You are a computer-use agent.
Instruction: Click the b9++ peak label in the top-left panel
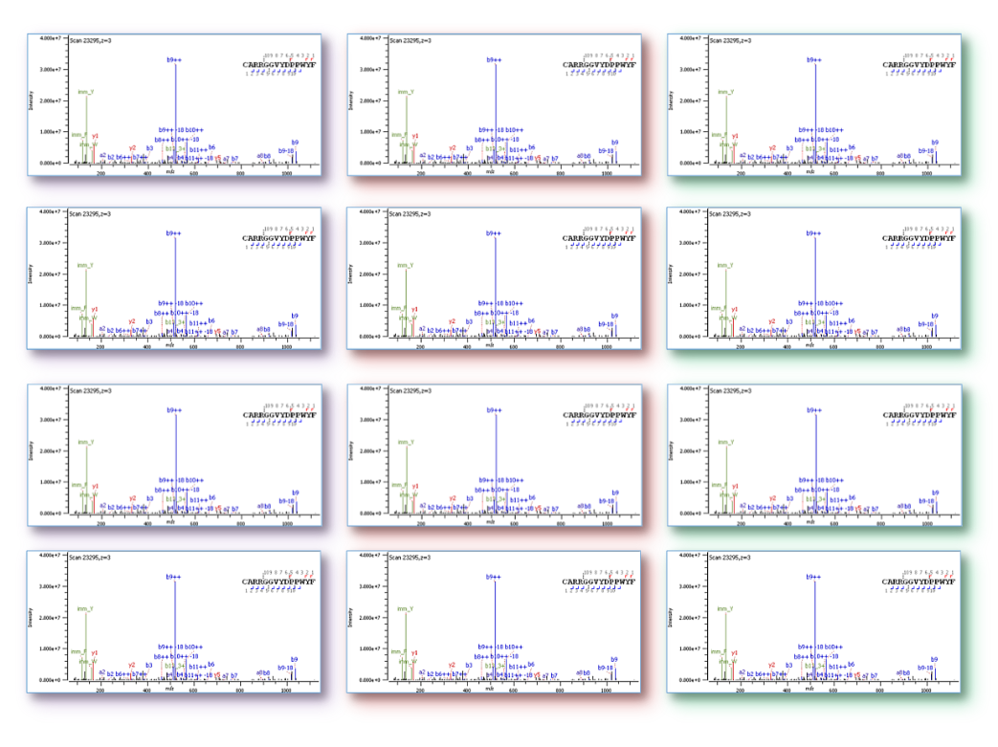[x=174, y=60]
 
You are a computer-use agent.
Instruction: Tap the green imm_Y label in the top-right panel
[x=725, y=92]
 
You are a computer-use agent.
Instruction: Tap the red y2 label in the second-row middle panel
[x=453, y=322]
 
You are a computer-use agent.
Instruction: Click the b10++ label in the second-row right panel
[x=833, y=303]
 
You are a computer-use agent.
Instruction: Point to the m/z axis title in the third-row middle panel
[x=491, y=522]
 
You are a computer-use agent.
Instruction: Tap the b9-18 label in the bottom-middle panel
[x=606, y=667]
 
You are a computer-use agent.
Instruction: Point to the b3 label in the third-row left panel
[x=149, y=497]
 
